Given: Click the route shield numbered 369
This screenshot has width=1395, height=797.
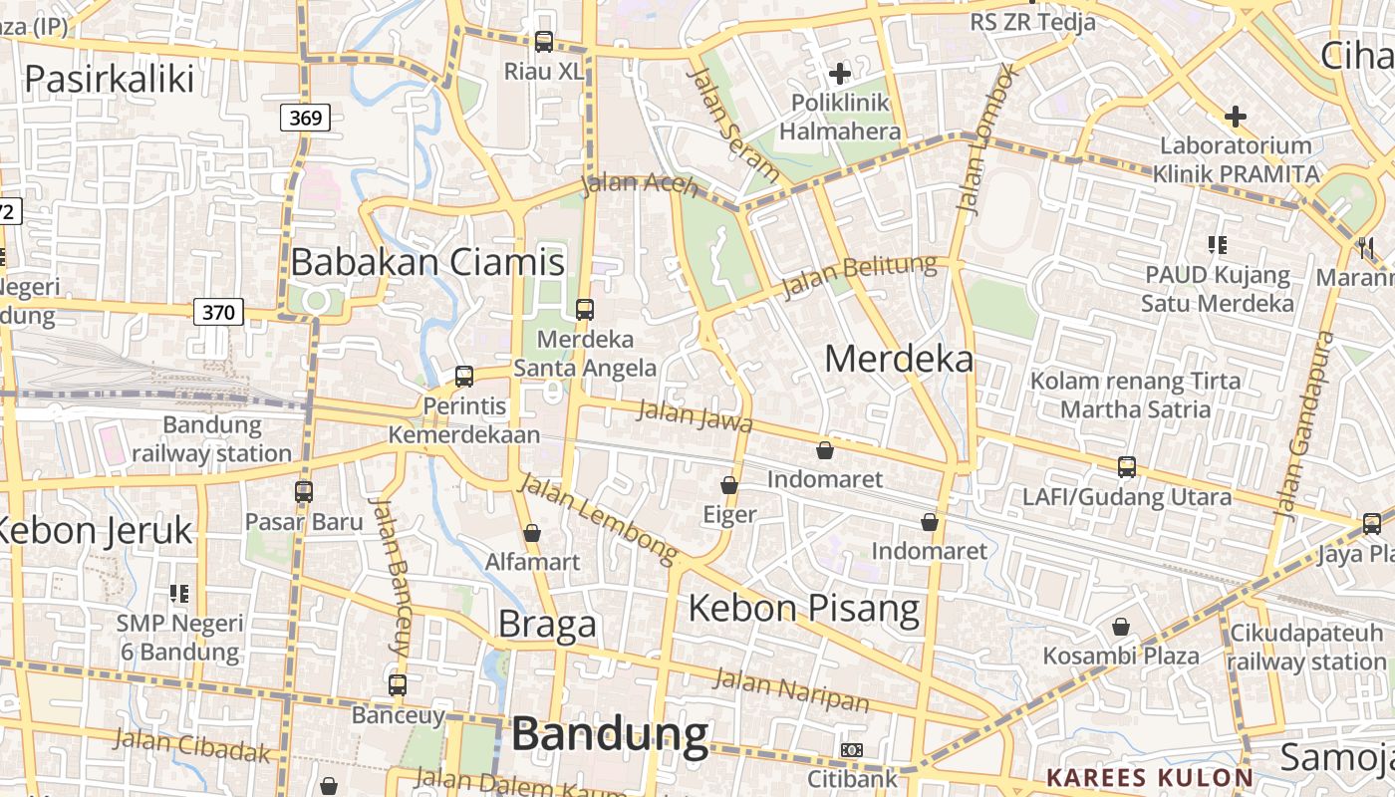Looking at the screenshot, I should [305, 119].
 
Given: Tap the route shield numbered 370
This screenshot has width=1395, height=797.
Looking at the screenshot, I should [218, 313].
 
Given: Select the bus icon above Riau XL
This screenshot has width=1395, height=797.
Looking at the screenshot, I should [543, 42].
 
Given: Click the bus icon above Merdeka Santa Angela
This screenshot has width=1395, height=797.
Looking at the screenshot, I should [585, 309].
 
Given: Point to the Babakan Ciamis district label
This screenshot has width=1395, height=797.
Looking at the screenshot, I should [427, 262].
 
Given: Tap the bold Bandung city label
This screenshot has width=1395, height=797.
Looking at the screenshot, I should [610, 734].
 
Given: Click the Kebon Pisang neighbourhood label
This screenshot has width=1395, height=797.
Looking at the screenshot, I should [804, 607].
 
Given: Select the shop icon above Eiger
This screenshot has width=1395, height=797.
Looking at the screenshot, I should [729, 485].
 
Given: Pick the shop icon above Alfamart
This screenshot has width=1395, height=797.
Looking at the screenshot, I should [532, 533].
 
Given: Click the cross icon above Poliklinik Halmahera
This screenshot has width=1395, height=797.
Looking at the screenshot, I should [840, 73].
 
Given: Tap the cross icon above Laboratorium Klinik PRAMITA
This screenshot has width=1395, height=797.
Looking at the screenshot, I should [1236, 117].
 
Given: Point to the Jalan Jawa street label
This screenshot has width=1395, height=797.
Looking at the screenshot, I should [695, 414].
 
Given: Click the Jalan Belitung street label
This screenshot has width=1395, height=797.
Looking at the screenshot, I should [860, 276].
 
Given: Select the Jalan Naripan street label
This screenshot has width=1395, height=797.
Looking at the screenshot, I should [792, 690].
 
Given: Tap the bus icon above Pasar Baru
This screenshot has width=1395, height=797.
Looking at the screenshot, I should [304, 491].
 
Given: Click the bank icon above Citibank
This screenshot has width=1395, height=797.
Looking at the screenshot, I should [852, 749].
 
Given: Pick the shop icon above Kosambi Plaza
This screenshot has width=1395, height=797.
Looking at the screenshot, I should [1121, 627].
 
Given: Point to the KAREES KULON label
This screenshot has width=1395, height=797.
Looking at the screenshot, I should [1150, 778].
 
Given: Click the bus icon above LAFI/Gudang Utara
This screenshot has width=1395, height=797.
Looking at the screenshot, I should [1127, 466].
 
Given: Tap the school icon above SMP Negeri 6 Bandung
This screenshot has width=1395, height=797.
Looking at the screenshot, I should [179, 594].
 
